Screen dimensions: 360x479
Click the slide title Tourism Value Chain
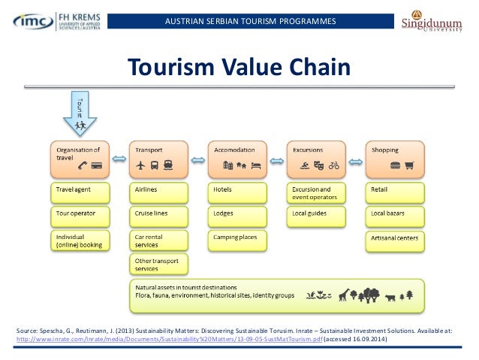pyautogui.click(x=239, y=68)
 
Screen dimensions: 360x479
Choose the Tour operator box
pyautogui.click(x=80, y=216)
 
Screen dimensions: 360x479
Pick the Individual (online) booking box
pyautogui.click(x=80, y=241)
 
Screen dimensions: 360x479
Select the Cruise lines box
pyautogui.click(x=158, y=216)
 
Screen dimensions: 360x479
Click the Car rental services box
pyautogui.click(x=158, y=241)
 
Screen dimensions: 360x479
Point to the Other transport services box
pyautogui.click(x=158, y=265)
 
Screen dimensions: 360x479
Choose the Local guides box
pyautogui.click(x=316, y=216)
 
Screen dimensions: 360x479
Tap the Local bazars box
pyautogui.click(x=395, y=216)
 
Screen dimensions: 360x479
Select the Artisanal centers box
pyautogui.click(x=395, y=241)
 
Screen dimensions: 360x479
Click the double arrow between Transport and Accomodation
pyautogui.click(x=197, y=159)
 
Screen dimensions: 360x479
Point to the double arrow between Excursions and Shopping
pyautogui.click(x=356, y=159)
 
